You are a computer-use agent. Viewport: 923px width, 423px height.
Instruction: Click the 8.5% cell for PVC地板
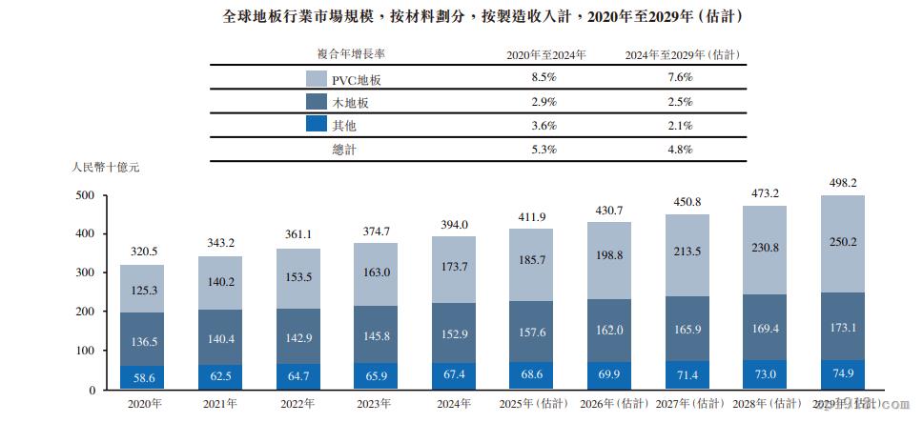point(544,77)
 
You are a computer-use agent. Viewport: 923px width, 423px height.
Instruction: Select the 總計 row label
point(343,149)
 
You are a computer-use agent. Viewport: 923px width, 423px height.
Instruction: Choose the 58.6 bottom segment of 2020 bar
point(142,378)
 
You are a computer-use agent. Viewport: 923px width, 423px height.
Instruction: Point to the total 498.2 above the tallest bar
point(843,183)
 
